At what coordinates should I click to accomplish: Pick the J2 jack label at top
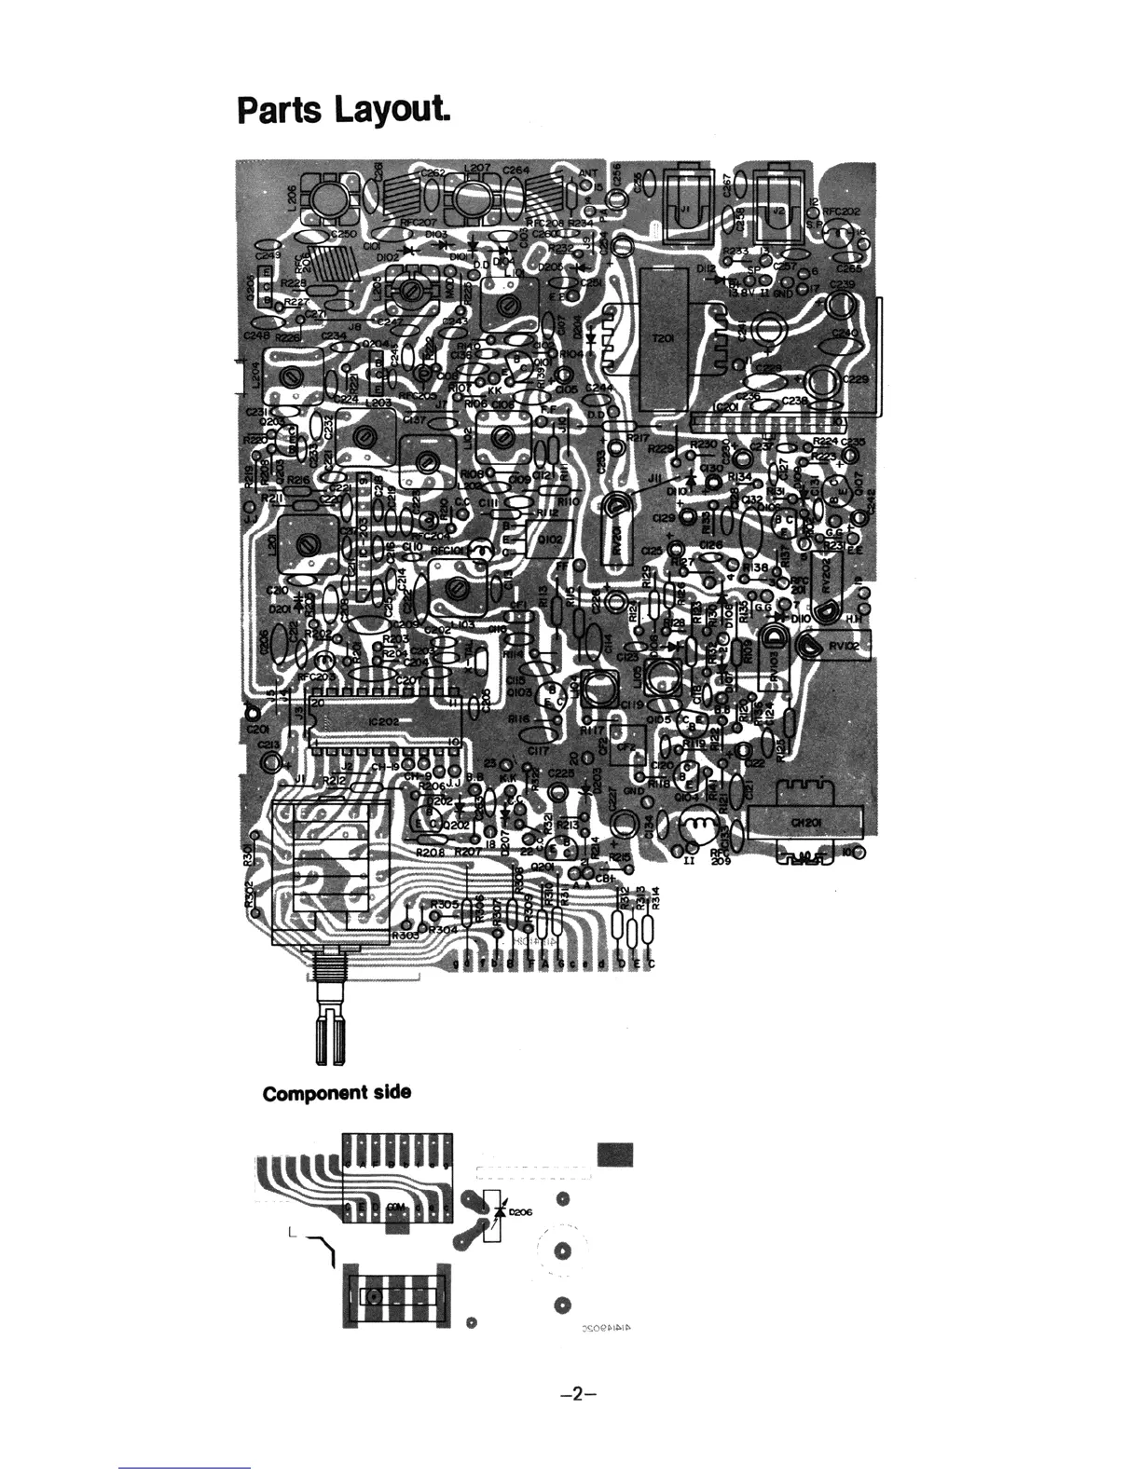point(777,212)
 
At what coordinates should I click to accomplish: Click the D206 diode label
point(520,1212)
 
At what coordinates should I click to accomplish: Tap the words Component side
point(337,1092)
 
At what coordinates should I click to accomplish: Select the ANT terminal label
point(587,173)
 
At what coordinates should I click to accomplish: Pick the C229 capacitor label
point(854,379)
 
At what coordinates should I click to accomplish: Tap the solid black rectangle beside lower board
point(614,1154)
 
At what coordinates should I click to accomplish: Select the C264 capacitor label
point(516,171)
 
